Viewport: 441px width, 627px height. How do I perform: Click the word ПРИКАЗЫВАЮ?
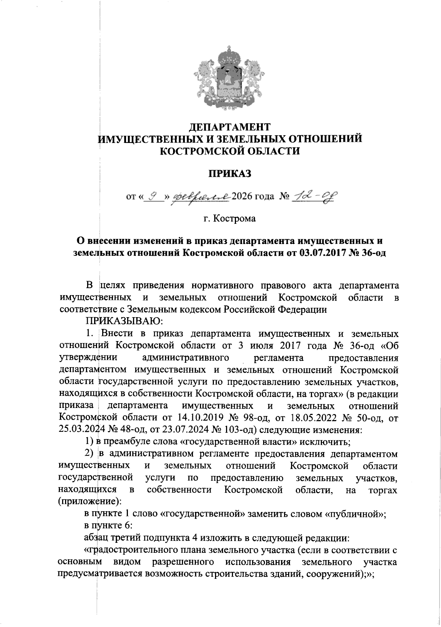[124, 321]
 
